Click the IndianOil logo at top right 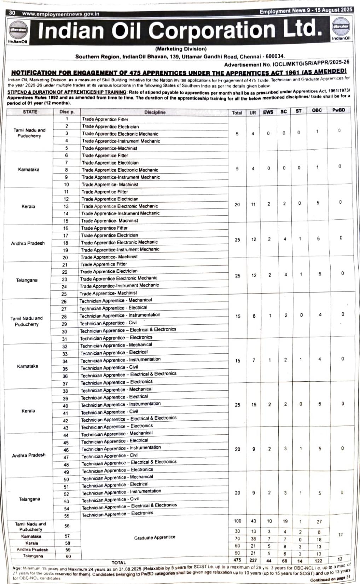click(x=341, y=28)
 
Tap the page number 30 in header click(x=12, y=13)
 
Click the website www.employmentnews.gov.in click(x=60, y=14)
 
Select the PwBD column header click(x=338, y=110)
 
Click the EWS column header click(x=268, y=112)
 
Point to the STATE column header click(x=30, y=112)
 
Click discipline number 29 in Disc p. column click(x=64, y=324)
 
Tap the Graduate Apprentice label click(x=155, y=537)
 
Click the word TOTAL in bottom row click(x=119, y=562)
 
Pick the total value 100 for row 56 click(x=237, y=521)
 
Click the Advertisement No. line click(x=286, y=64)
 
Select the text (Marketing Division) click(x=181, y=49)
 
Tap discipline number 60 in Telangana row click(x=67, y=556)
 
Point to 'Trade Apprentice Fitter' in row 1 click(x=105, y=120)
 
